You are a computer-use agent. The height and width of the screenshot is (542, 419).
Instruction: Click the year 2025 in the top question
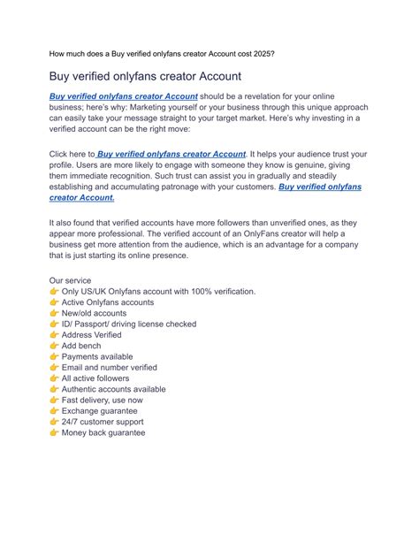[x=262, y=53]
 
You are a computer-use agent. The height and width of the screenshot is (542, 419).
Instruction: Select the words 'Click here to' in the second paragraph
[x=72, y=155]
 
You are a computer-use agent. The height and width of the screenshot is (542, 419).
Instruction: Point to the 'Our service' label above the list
[x=70, y=280]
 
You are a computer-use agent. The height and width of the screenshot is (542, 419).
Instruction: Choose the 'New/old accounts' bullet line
[x=94, y=313]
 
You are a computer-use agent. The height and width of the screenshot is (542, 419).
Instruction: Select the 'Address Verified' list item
[x=93, y=335]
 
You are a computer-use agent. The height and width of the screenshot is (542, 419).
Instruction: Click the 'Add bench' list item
[x=81, y=346]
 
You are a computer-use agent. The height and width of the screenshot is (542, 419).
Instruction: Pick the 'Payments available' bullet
[x=98, y=356]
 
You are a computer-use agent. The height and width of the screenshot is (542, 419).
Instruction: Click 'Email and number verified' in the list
[x=110, y=368]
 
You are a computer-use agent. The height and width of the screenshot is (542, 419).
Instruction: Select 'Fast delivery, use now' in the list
[x=103, y=400]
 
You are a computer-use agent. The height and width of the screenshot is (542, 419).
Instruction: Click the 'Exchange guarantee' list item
[x=100, y=411]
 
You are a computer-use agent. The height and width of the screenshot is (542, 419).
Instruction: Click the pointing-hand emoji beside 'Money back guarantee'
[x=54, y=432]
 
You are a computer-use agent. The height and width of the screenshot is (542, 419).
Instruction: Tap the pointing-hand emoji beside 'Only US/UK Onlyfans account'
[x=54, y=291]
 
